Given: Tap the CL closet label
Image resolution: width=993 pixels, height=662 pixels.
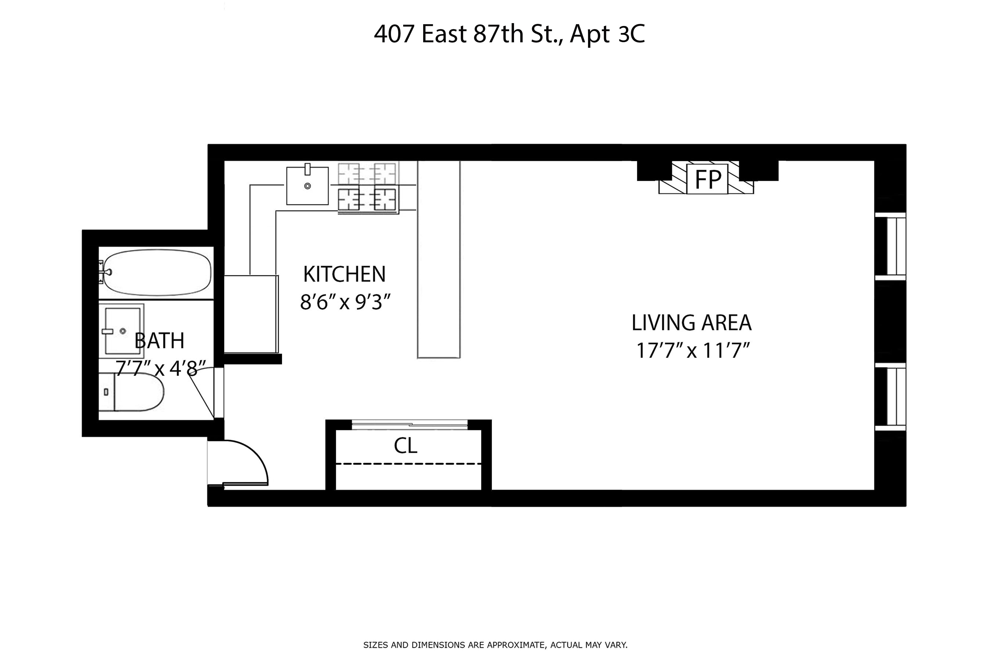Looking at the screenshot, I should tap(405, 446).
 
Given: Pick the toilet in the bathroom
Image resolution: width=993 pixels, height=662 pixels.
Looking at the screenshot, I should tap(135, 392).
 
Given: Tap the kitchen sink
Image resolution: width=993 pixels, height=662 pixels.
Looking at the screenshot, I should tap(307, 186).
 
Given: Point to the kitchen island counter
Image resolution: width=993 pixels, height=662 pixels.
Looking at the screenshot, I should tap(439, 260).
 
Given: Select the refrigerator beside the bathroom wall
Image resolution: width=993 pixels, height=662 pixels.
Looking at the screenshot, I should tap(251, 314).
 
